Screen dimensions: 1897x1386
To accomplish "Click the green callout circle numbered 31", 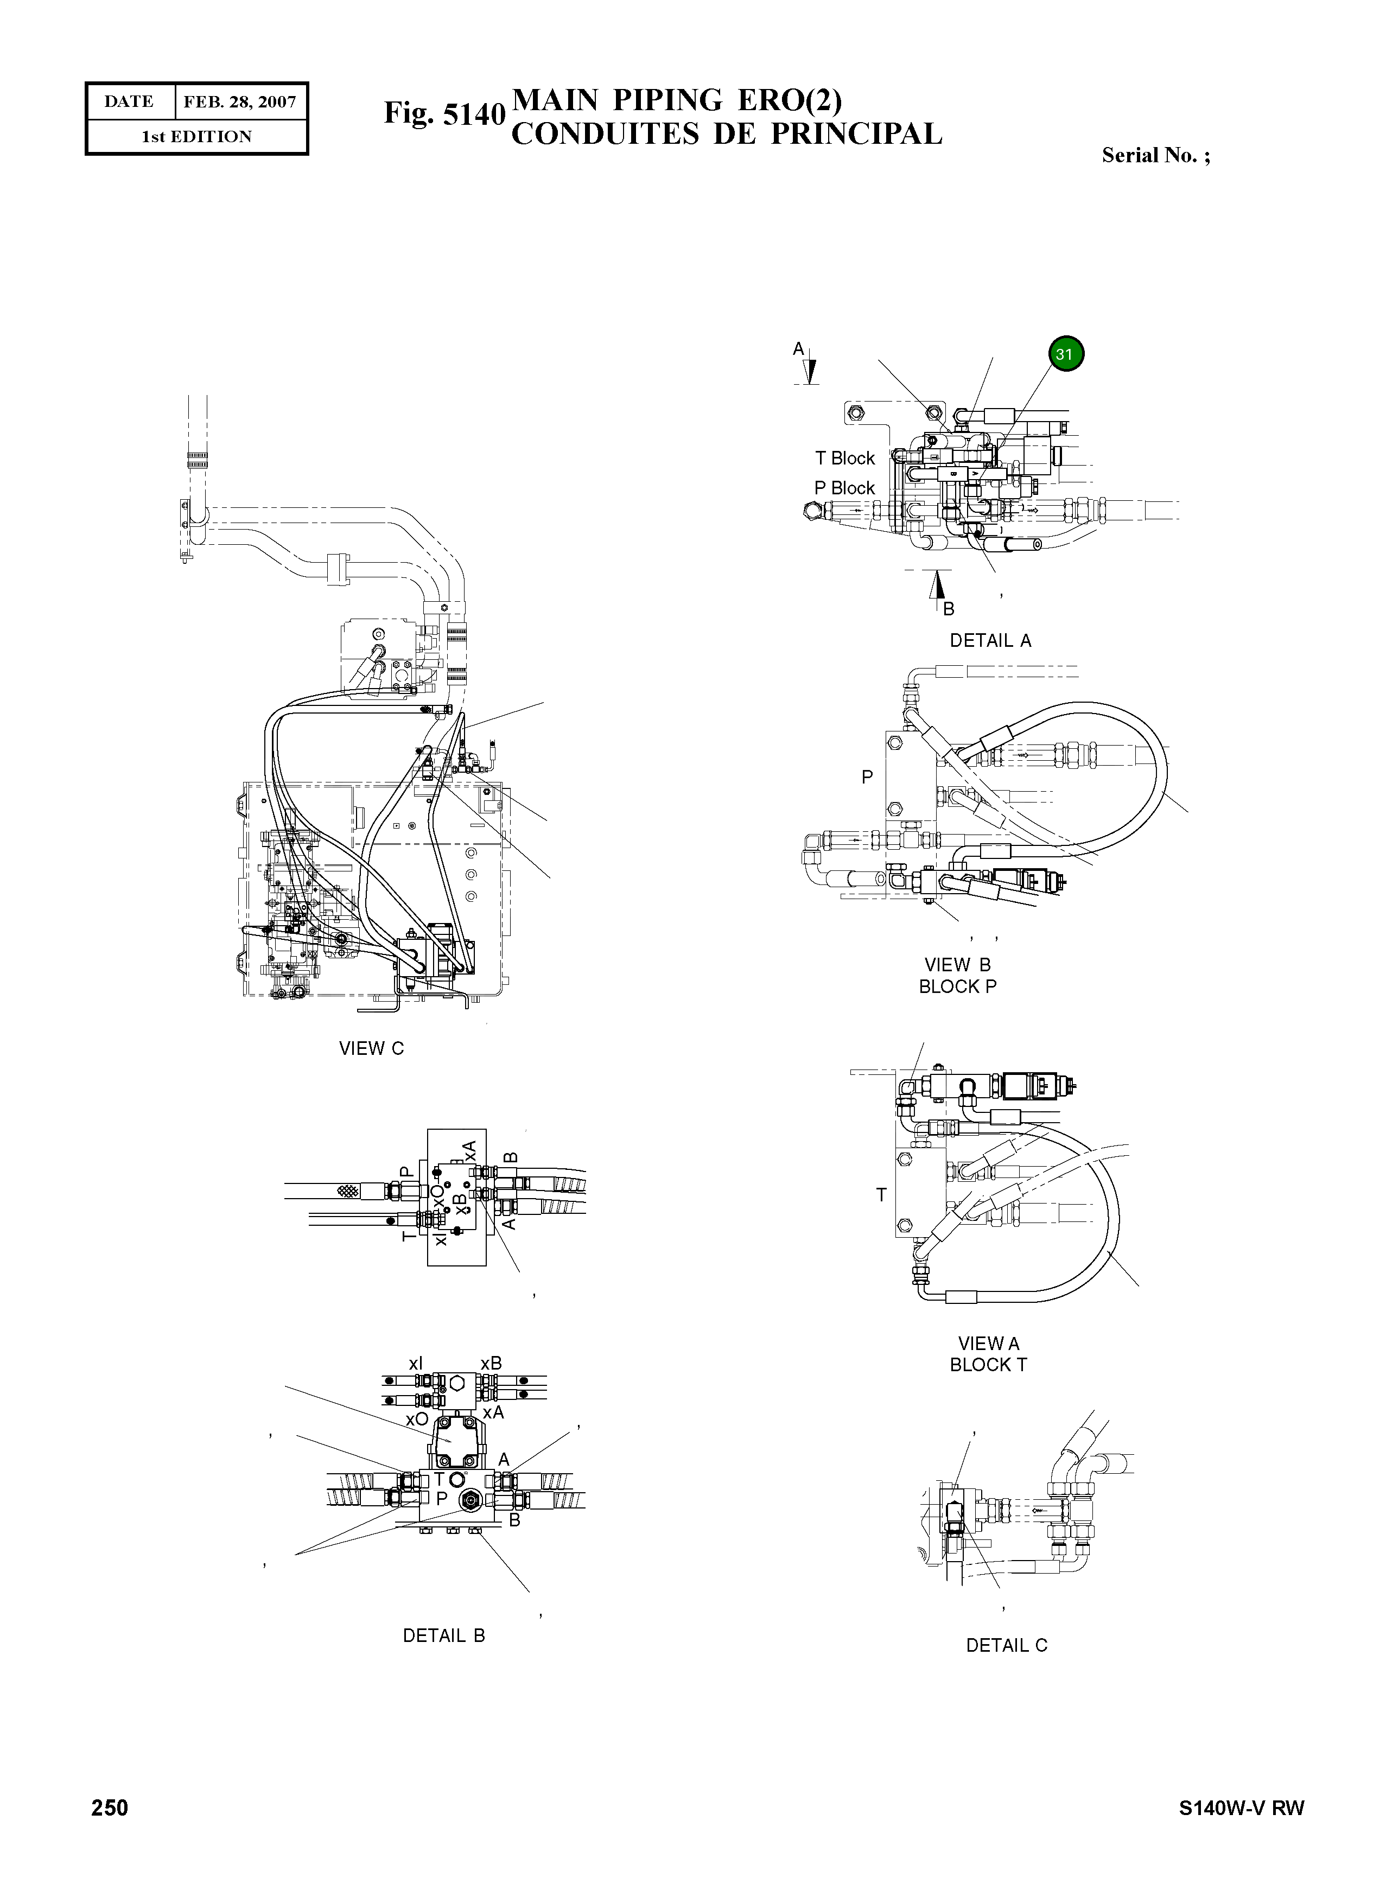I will coord(1065,354).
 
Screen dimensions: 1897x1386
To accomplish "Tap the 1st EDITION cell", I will coord(196,137).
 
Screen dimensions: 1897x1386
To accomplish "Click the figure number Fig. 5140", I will coord(444,114).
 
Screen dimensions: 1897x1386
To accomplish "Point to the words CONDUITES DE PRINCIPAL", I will coord(727,134).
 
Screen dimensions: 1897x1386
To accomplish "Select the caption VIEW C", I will coord(371,1049).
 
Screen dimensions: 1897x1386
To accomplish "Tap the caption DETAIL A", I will coord(990,641).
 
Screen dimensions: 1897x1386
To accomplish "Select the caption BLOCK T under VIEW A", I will coord(988,1365).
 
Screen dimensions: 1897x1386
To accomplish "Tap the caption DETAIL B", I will coord(444,1636).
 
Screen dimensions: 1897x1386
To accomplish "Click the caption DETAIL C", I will coord(1006,1646).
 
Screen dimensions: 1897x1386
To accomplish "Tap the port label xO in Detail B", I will coord(417,1419).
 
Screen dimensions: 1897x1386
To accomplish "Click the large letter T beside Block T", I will coord(881,1195).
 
